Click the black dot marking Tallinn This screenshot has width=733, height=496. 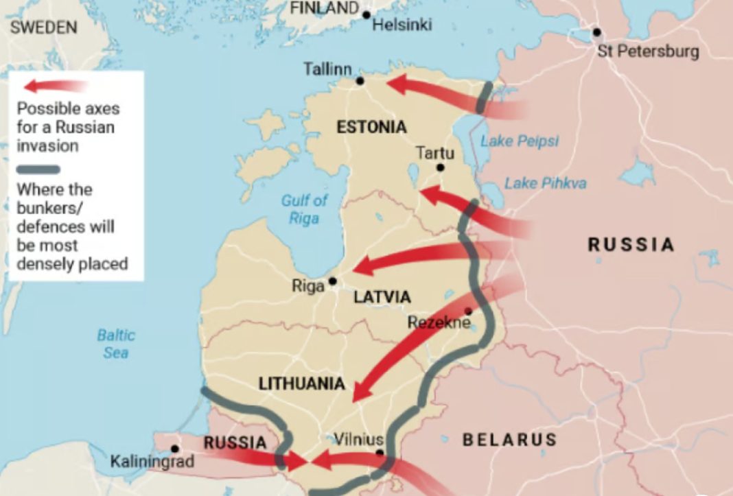[360, 81]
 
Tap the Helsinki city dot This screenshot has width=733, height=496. [366, 15]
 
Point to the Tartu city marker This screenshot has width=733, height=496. [440, 167]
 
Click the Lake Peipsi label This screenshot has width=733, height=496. [520, 141]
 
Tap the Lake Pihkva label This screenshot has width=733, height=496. [545, 183]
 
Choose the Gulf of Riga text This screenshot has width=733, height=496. [304, 209]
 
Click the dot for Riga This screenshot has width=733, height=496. [333, 281]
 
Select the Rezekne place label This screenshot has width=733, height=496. [439, 322]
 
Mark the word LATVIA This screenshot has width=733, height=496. [382, 297]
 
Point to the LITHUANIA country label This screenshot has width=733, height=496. [301, 384]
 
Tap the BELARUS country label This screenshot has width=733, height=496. [509, 440]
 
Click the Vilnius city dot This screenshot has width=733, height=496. [380, 453]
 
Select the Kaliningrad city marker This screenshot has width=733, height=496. [175, 449]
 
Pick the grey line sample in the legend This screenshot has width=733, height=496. [38, 169]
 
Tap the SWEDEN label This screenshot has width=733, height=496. [44, 27]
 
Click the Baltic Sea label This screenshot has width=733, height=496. [116, 344]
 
